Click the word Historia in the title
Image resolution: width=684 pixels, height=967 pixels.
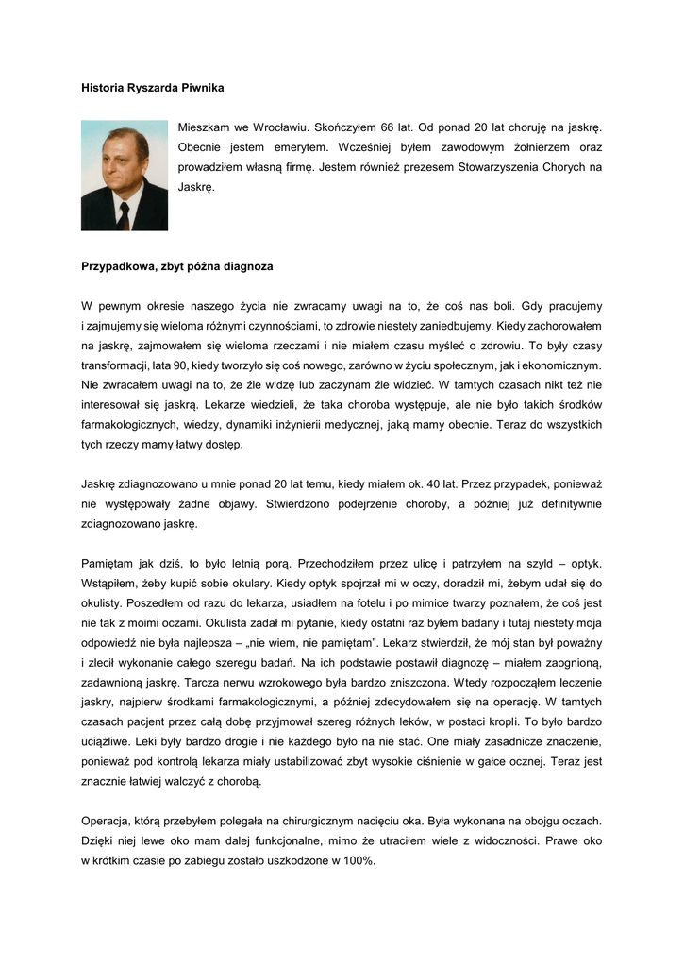(x=103, y=88)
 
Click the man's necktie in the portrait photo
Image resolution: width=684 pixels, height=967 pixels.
(x=124, y=216)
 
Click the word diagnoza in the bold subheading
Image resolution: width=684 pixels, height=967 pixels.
(x=249, y=266)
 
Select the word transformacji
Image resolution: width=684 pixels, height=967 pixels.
(x=118, y=365)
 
